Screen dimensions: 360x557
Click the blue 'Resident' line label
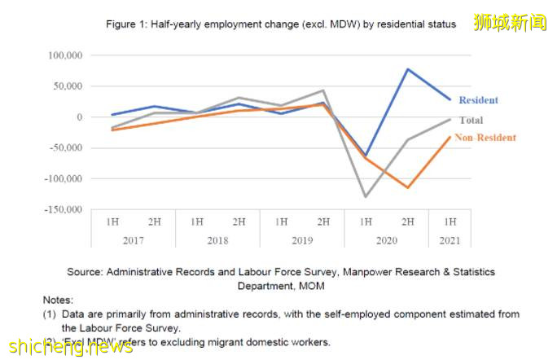tap(478, 100)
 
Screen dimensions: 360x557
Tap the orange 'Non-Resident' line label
tap(485, 138)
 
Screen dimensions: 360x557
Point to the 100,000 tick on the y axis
tap(66, 55)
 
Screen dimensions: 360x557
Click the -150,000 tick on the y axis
tap(64, 209)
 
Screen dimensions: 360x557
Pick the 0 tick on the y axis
tap(79, 117)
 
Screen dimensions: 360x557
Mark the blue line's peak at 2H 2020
tap(408, 69)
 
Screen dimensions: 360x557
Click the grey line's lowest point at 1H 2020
tap(366, 196)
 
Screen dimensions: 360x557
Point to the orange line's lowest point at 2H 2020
tap(408, 187)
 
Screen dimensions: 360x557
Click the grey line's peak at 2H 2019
tap(323, 90)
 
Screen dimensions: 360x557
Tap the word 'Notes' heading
tap(59, 301)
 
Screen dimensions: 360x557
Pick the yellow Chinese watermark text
tap(510, 22)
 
